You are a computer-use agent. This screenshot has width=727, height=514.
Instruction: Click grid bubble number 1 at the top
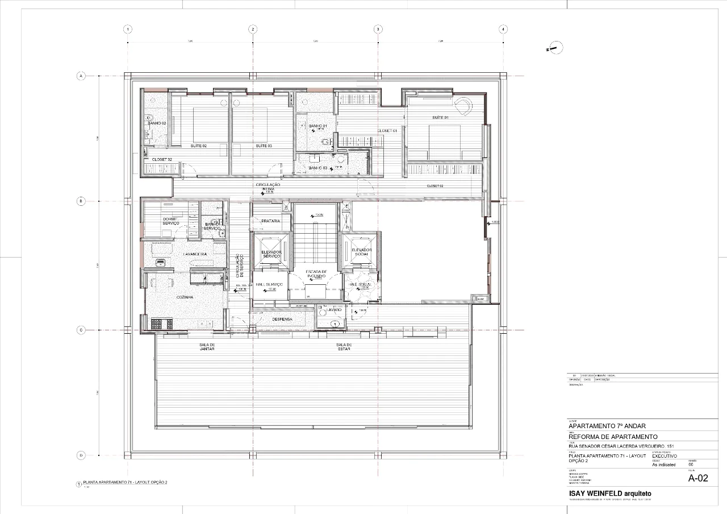click(128, 30)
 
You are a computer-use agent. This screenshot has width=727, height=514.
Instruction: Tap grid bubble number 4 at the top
click(503, 30)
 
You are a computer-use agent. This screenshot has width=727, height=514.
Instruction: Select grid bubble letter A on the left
click(81, 76)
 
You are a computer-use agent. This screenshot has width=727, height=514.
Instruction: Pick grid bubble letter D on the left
click(81, 455)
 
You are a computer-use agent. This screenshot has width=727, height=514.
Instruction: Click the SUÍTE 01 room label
click(440, 118)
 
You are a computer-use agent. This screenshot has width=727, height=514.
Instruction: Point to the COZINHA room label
click(185, 297)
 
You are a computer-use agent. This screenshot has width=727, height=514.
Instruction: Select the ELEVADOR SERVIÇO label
click(271, 254)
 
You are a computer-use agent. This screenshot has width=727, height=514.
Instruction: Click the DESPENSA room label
click(282, 320)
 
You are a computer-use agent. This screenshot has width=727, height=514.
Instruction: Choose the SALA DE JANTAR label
click(207, 347)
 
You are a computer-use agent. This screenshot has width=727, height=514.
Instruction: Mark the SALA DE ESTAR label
click(344, 347)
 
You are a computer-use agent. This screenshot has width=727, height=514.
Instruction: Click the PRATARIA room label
click(271, 221)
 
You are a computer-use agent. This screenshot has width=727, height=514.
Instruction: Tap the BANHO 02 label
click(156, 123)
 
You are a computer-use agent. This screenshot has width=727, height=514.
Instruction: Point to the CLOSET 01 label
click(387, 131)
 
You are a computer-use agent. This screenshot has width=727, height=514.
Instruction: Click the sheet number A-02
click(698, 478)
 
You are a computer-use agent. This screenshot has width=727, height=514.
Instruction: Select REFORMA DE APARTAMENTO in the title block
click(609, 436)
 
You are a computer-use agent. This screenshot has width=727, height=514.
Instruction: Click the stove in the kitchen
click(157, 324)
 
